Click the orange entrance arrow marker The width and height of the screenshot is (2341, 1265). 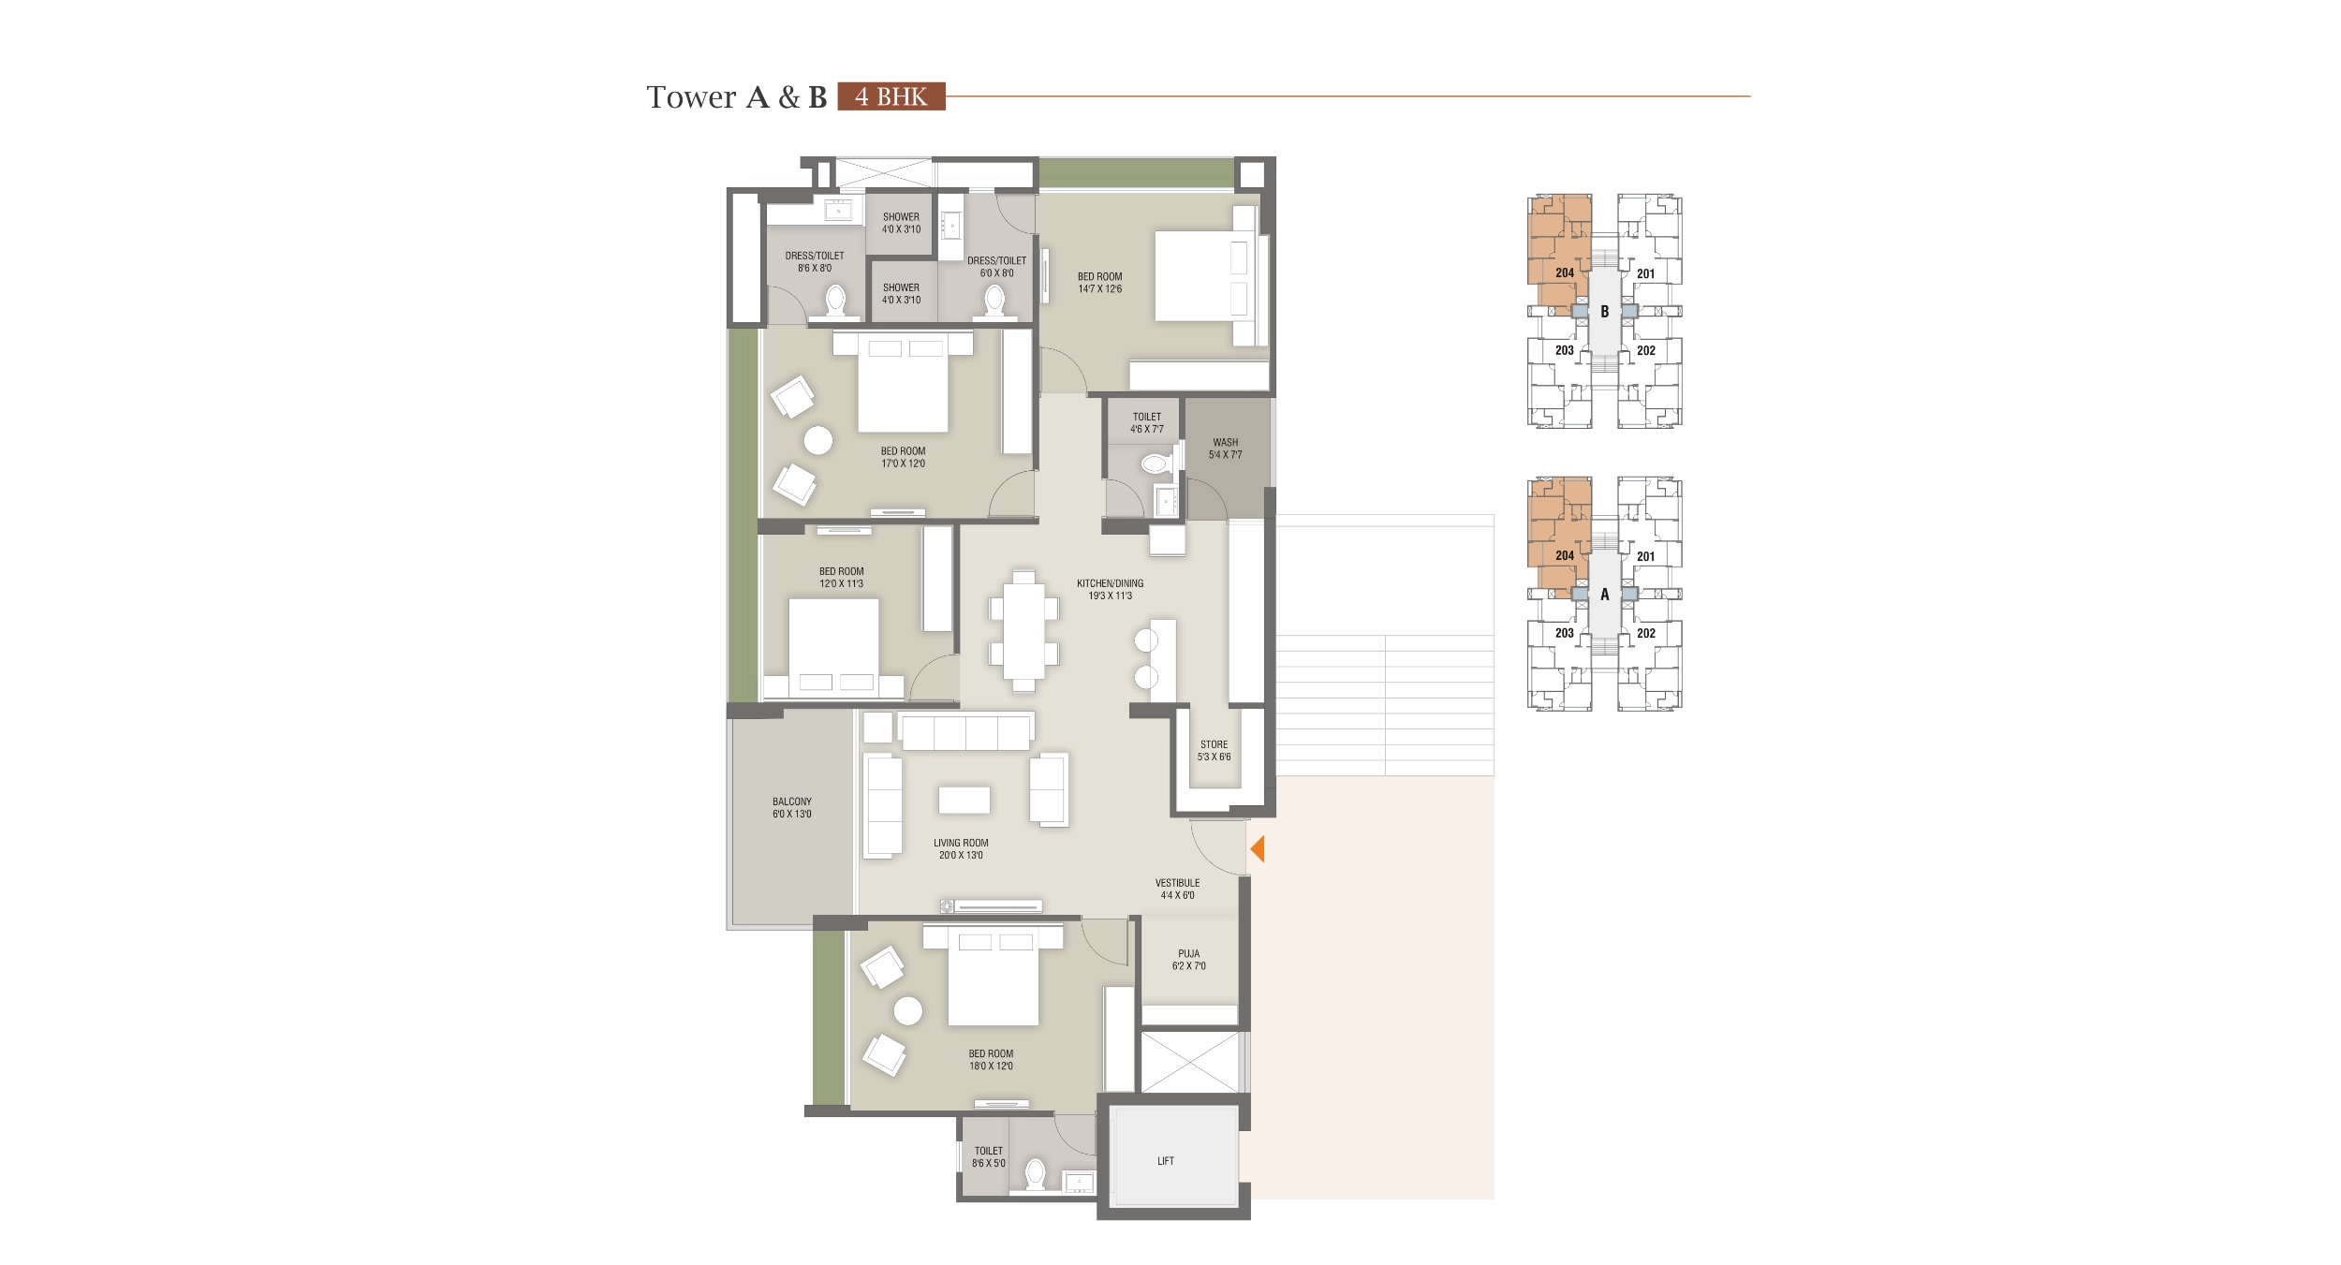[1258, 849]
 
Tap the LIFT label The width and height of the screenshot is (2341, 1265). [1165, 1161]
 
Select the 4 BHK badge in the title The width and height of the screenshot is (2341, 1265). [891, 96]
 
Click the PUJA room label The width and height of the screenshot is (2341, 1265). [1188, 953]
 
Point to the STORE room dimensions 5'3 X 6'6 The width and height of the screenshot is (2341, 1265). [1214, 757]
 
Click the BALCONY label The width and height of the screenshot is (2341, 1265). [791, 802]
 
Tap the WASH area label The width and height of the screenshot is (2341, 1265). [1225, 442]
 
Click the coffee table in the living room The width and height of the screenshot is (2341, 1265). [964, 800]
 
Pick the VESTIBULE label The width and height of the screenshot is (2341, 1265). [1177, 883]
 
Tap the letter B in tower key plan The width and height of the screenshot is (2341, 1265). [1604, 312]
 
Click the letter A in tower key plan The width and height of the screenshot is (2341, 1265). [1604, 595]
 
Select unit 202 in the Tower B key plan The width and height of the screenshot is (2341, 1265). [1645, 351]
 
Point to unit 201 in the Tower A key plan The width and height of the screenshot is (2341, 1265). [1645, 556]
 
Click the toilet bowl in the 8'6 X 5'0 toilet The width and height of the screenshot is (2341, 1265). [1035, 1174]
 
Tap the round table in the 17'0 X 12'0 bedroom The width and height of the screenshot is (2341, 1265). [818, 440]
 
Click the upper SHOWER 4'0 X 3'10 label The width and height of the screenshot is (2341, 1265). [901, 222]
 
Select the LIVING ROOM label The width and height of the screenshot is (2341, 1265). [961, 843]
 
